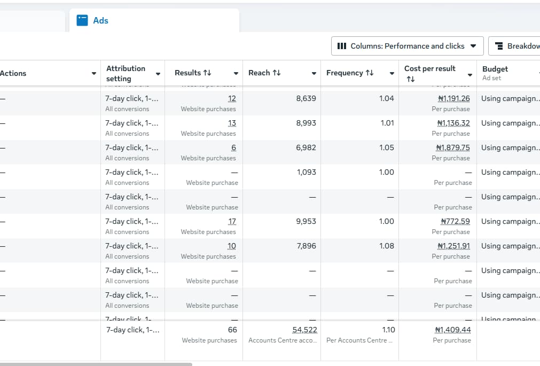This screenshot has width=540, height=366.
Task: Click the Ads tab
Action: [100, 21]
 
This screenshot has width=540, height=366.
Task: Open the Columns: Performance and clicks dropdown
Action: [407, 46]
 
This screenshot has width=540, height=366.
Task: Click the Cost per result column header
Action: [429, 69]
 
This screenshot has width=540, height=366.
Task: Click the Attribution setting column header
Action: [126, 73]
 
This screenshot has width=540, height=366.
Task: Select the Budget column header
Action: [495, 69]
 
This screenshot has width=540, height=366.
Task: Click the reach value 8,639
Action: [306, 98]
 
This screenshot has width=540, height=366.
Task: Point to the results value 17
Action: [232, 221]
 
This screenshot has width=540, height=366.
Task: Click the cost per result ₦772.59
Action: [455, 221]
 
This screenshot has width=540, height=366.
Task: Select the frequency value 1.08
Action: [386, 246]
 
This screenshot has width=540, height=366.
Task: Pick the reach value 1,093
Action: [307, 172]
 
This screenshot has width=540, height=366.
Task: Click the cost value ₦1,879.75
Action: [453, 147]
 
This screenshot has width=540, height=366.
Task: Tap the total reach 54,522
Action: [304, 330]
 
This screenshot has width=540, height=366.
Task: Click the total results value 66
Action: [232, 330]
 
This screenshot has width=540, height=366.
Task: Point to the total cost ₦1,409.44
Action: [453, 330]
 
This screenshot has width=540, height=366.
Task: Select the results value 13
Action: [232, 123]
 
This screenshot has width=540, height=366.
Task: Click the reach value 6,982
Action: [306, 147]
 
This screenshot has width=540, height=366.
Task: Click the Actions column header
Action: [13, 73]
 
